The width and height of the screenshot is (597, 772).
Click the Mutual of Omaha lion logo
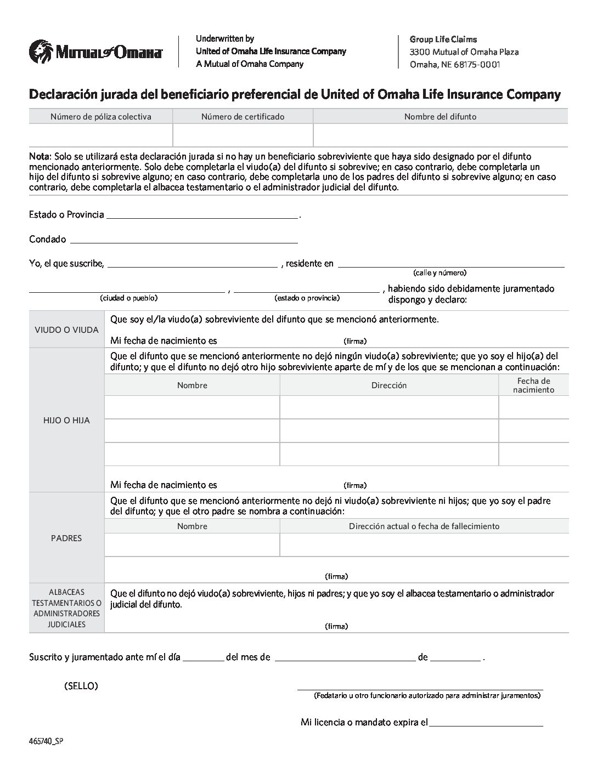tap(40, 51)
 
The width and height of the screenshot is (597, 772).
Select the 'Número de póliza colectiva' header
tap(101, 116)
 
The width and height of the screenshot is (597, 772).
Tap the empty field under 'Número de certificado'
tap(243, 135)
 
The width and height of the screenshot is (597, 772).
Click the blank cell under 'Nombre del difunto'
tap(440, 135)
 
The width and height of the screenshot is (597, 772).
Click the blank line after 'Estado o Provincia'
tap(202, 214)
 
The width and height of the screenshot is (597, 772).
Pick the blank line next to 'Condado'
tap(184, 239)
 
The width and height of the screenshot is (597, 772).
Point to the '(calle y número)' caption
tap(440, 273)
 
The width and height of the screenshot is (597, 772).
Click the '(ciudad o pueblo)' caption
tap(128, 298)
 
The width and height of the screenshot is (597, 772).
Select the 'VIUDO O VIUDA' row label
tap(66, 330)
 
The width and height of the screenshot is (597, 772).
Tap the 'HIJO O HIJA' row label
tap(66, 421)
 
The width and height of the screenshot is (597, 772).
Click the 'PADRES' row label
tap(66, 538)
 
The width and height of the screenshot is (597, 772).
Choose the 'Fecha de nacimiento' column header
tap(533, 385)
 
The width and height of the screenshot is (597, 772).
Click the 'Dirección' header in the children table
tap(388, 385)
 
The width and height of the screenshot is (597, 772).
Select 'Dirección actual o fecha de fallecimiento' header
tap(424, 526)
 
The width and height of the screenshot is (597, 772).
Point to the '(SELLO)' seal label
tap(81, 686)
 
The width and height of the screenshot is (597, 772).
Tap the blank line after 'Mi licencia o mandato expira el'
tap(486, 722)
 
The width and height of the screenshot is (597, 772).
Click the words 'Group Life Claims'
tap(443, 39)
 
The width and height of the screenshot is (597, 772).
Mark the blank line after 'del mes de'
tap(345, 657)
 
